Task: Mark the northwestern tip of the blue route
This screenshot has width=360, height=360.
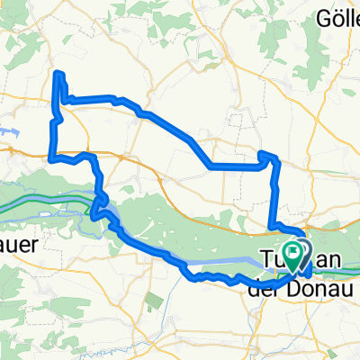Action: pos(58,73)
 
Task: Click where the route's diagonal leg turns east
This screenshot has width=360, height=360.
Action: pos(211,166)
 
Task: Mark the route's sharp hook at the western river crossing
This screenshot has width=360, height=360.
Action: pos(94,214)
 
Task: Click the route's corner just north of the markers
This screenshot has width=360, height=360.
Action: pos(274,225)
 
